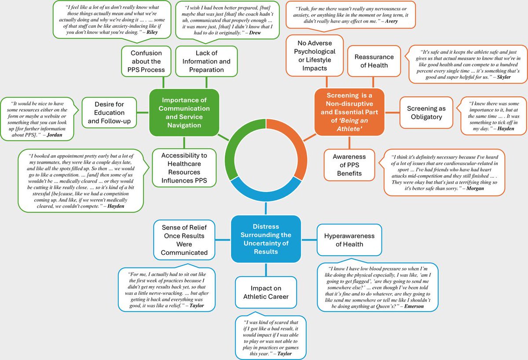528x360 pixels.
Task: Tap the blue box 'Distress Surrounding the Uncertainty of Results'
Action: (266, 239)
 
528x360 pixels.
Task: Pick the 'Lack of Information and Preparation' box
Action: (206, 62)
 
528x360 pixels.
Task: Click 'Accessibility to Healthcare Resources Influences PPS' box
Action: (180, 168)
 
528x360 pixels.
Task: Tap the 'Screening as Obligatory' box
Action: (426, 113)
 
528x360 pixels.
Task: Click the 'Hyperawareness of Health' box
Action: (349, 240)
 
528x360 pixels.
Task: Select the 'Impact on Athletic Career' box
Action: (266, 292)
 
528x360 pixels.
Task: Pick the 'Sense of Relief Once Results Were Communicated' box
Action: (184, 239)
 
